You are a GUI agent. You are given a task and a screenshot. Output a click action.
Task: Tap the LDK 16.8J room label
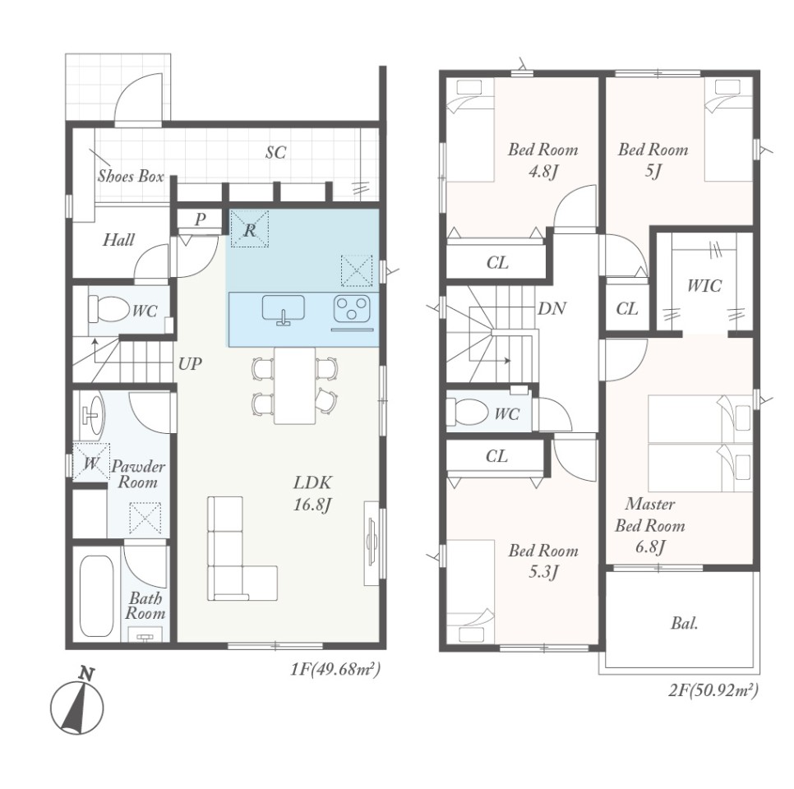coord(312,493)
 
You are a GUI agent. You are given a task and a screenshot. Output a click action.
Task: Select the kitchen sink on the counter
coord(284,310)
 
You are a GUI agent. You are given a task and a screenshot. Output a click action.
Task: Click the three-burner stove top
coord(353,309)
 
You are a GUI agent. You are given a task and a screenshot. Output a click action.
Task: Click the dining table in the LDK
coord(295,385)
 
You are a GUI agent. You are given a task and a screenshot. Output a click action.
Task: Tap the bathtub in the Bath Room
coord(96,596)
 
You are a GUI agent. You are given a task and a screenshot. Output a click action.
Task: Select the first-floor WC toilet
coord(108,308)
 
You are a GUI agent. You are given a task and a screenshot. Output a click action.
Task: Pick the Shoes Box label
coord(131,176)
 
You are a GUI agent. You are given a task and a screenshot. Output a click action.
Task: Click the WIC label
coord(704,286)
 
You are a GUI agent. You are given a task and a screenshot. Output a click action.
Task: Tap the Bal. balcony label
coord(685,624)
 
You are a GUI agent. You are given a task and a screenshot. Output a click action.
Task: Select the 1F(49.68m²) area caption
coord(335,670)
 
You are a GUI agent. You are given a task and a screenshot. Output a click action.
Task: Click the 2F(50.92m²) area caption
coord(713,690)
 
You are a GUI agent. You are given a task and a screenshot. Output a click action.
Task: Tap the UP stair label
coord(190,363)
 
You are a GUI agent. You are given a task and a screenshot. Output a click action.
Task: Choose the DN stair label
coord(552,308)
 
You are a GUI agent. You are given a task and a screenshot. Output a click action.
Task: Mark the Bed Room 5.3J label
coord(543,561)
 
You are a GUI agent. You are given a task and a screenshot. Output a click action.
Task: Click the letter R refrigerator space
coord(250,229)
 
